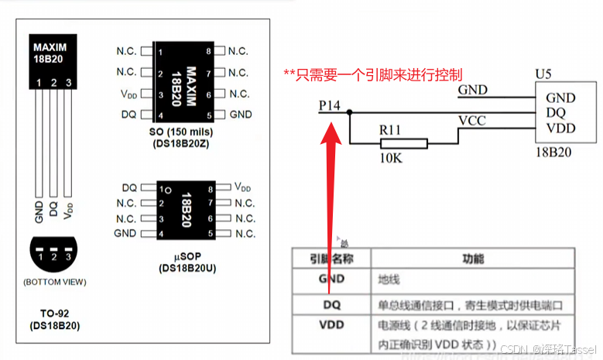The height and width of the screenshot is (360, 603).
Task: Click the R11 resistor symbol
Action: (x=403, y=143)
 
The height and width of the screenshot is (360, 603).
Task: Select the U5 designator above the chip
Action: (x=545, y=74)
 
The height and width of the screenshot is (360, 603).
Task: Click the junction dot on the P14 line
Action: (x=350, y=113)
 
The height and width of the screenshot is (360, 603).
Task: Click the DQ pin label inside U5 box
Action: (x=555, y=113)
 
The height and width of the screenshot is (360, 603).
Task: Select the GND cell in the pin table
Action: (x=331, y=279)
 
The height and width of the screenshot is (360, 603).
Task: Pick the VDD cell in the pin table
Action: (x=331, y=325)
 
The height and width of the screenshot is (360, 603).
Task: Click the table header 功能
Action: (x=473, y=259)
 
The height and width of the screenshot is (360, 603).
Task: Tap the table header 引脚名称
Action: (x=331, y=259)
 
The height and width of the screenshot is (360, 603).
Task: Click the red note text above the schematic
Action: (x=372, y=75)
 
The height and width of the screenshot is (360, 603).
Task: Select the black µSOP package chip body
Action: (x=185, y=210)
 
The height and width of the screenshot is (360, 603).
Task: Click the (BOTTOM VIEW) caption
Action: (x=54, y=281)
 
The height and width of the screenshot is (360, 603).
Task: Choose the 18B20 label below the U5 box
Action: (x=553, y=152)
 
